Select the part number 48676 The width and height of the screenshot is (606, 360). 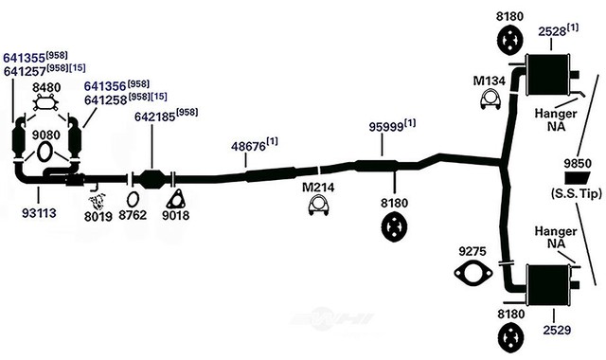click(x=249, y=147)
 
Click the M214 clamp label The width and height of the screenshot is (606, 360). click(x=318, y=188)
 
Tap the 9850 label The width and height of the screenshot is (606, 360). click(x=577, y=162)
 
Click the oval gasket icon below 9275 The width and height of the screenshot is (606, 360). click(x=472, y=276)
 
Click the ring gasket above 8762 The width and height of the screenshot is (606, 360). click(x=134, y=199)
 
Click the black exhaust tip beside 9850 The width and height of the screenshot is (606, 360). click(x=578, y=178)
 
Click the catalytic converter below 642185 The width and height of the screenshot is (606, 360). click(x=154, y=178)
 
